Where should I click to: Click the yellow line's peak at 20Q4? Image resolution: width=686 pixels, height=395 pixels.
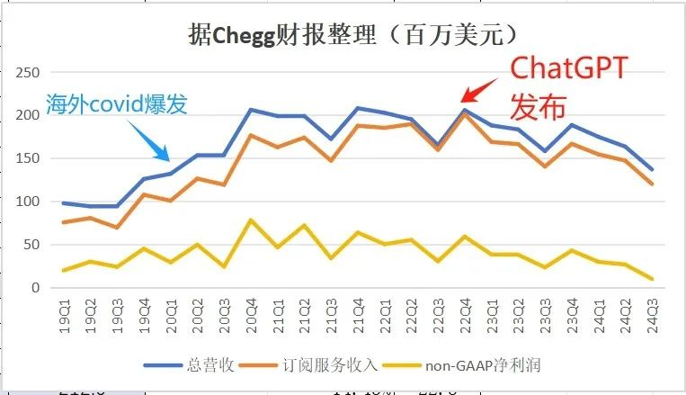[251, 220]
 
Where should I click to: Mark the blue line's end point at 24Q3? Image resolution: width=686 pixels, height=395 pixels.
[650, 169]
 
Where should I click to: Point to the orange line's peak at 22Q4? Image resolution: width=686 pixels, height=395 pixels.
[464, 113]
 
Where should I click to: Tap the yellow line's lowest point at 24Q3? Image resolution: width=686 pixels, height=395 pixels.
[650, 279]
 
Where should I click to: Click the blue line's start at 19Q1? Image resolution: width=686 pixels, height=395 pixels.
[66, 202]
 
